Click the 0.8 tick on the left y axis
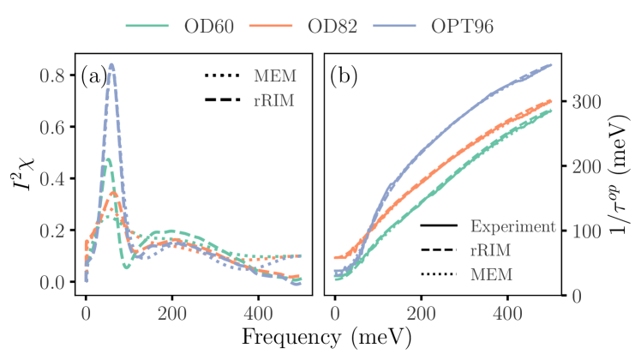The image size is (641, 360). coord(53,76)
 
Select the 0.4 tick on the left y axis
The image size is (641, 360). coord(53,179)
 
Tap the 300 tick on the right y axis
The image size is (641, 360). coord(585,101)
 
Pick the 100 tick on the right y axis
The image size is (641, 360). coord(585,231)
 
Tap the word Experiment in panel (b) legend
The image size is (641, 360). coord(512,227)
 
